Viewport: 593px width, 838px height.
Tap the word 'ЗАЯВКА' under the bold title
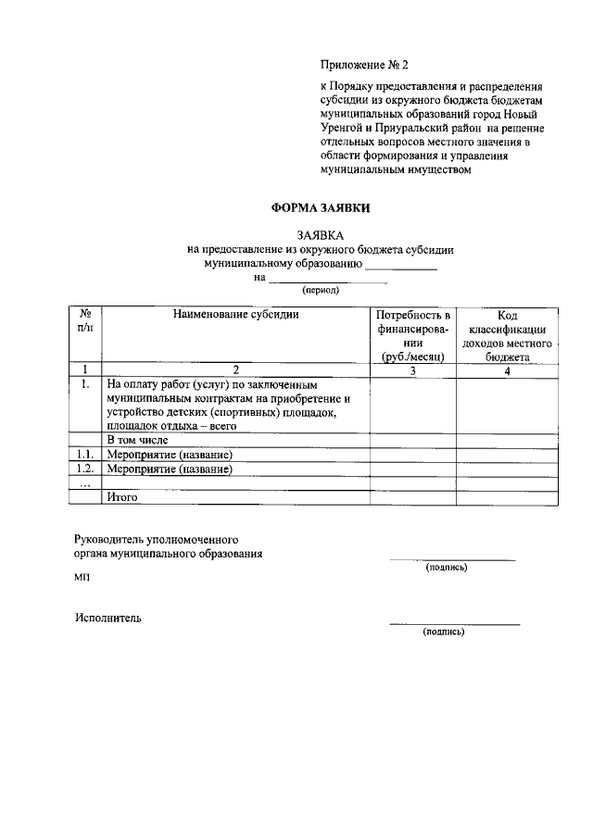point(320,236)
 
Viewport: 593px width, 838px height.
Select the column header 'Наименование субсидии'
point(235,316)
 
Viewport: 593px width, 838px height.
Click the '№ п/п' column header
point(85,320)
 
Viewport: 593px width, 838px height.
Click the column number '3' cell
point(413,370)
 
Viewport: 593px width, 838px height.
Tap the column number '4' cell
point(507,370)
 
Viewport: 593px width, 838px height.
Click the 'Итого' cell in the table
point(122,497)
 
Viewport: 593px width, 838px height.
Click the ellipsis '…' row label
point(85,483)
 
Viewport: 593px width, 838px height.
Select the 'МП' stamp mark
point(83,577)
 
